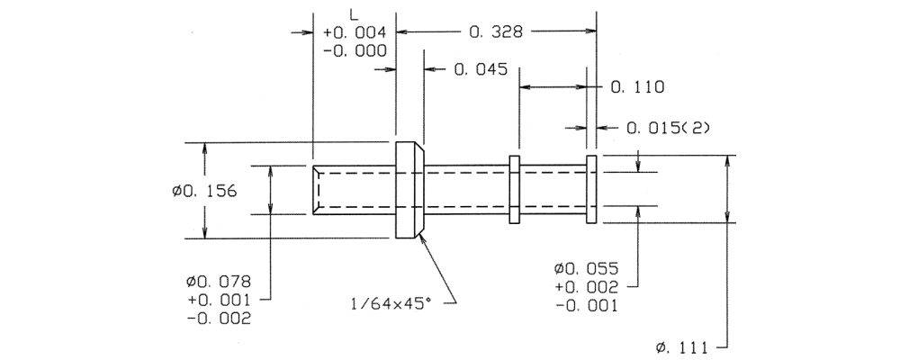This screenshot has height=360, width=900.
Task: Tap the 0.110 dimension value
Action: pyautogui.click(x=637, y=87)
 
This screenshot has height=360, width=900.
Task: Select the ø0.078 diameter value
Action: pyautogui.click(x=216, y=281)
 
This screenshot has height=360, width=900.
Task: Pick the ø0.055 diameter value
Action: pyautogui.click(x=586, y=269)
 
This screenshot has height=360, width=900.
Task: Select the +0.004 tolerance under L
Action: pyautogui.click(x=355, y=32)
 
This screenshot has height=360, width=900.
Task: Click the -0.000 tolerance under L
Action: pyautogui.click(x=355, y=50)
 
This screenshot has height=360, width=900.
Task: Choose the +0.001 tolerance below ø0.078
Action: pyautogui.click(x=216, y=300)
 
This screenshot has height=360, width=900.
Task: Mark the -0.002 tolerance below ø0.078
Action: pyautogui.click(x=216, y=318)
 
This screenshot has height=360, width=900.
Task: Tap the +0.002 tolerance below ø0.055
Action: pyautogui.click(x=586, y=287)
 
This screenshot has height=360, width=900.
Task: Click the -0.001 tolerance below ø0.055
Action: pyautogui.click(x=586, y=306)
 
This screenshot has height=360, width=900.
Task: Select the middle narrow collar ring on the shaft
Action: pyautogui.click(x=515, y=189)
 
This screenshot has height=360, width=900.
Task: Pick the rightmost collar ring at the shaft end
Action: pyautogui.click(x=591, y=189)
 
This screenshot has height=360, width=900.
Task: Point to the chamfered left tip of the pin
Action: pyautogui.click(x=319, y=189)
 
